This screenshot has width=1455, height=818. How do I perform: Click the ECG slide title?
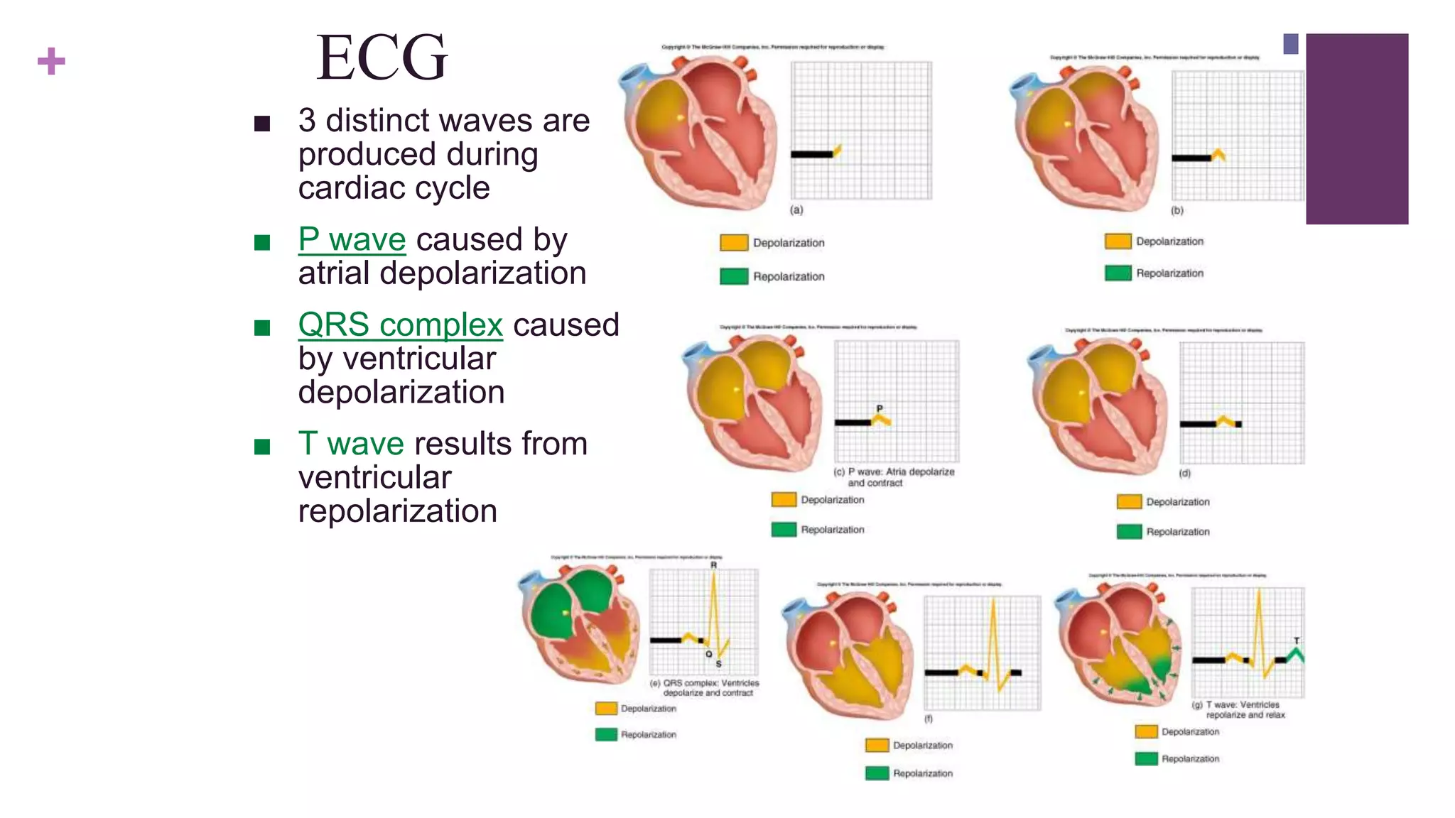(382, 58)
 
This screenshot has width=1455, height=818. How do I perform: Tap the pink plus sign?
(51, 61)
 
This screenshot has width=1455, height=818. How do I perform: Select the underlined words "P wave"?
(352, 240)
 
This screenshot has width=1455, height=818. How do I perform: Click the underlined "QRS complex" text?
(400, 325)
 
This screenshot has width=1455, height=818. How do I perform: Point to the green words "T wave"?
(351, 444)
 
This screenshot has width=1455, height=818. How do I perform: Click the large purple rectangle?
(1357, 129)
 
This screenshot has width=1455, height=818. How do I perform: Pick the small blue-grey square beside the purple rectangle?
(1291, 44)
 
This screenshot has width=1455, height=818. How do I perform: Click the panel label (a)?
(796, 210)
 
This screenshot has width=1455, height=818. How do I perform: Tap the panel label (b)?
(1177, 211)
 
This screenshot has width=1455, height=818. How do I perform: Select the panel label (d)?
(1184, 473)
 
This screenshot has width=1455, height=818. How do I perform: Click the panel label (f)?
(928, 719)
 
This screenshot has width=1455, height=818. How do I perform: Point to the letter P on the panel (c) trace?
(880, 408)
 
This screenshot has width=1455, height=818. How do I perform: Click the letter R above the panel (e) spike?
(713, 565)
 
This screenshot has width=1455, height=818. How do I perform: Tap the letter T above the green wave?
(1297, 640)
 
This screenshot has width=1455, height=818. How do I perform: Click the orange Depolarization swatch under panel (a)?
(734, 243)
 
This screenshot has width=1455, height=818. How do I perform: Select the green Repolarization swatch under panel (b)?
(1118, 273)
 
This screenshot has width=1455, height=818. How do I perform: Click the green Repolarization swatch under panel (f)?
(877, 773)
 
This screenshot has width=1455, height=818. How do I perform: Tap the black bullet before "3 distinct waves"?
(262, 124)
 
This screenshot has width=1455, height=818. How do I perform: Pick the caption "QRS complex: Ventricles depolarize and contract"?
(708, 688)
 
